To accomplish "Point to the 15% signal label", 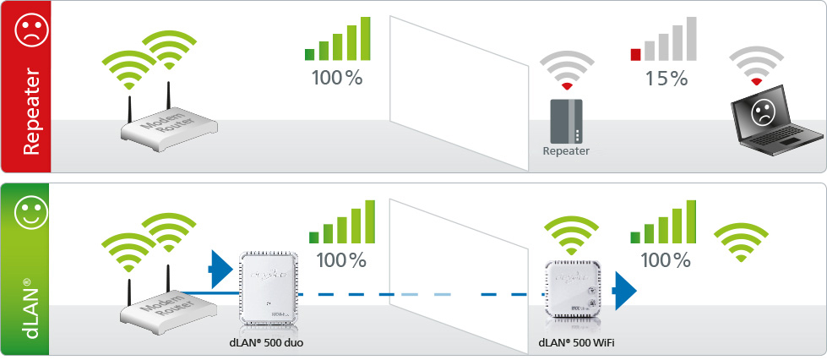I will [666, 79].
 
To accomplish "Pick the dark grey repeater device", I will [565, 121].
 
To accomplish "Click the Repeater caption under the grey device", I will [565, 152].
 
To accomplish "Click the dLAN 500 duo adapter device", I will [267, 292].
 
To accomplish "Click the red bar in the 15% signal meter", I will [635, 55].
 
